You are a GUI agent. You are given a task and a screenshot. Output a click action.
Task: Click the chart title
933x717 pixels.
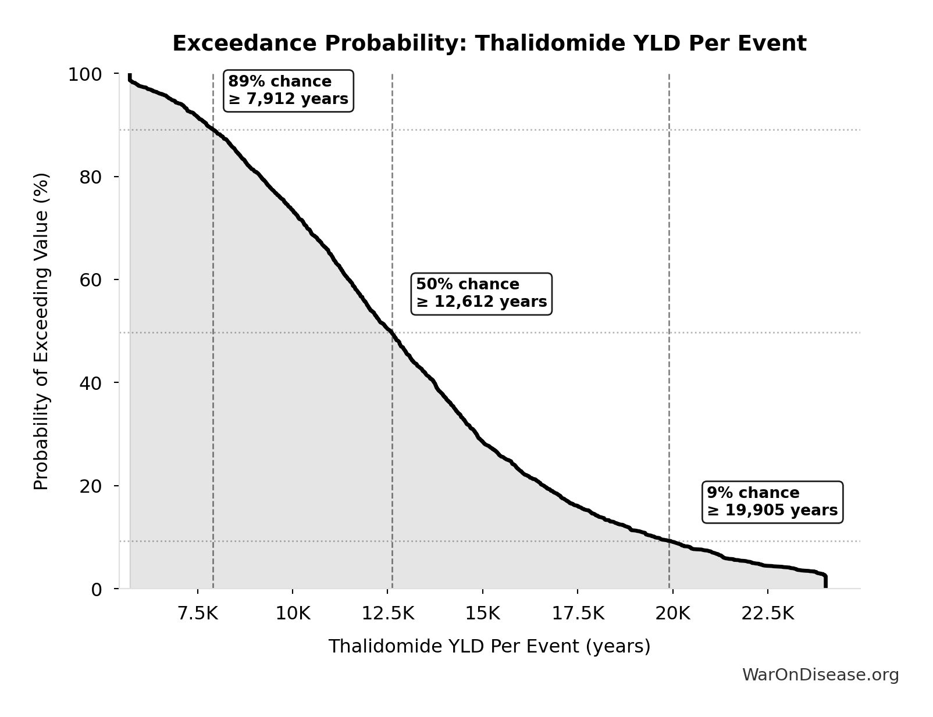[x=489, y=44]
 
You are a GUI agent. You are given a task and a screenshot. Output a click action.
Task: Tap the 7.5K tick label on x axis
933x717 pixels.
[x=198, y=614]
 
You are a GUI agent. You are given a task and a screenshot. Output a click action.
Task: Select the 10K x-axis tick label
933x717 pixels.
[x=293, y=614]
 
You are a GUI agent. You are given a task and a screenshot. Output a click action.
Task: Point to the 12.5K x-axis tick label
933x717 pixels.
[x=387, y=614]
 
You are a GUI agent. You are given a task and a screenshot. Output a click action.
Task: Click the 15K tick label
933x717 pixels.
[x=482, y=614]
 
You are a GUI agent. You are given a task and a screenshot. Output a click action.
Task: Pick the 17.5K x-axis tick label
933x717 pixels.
[x=578, y=614]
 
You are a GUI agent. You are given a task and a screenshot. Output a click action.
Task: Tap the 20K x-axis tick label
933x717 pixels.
[x=672, y=614]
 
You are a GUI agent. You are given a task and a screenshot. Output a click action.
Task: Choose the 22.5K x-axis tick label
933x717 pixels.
[x=767, y=614]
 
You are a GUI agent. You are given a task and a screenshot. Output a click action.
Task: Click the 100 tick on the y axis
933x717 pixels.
[x=85, y=74]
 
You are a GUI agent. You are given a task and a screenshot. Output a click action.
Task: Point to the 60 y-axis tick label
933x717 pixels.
[x=91, y=280]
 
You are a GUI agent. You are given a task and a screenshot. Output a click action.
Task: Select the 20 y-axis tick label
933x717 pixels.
[x=91, y=486]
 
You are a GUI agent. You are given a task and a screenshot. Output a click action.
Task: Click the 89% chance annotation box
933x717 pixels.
[x=289, y=91]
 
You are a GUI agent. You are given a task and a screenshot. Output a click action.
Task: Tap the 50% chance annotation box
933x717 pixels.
[x=481, y=293]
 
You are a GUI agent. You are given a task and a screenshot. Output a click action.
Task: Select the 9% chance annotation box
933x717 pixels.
[x=772, y=502]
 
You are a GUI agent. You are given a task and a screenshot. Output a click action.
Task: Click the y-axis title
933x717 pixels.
[x=41, y=331]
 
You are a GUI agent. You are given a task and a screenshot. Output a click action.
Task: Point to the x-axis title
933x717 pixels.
[x=489, y=646]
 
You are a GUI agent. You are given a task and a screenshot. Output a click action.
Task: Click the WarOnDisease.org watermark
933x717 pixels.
[x=820, y=675]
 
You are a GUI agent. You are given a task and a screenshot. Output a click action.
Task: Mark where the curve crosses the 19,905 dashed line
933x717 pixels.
[x=669, y=541]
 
